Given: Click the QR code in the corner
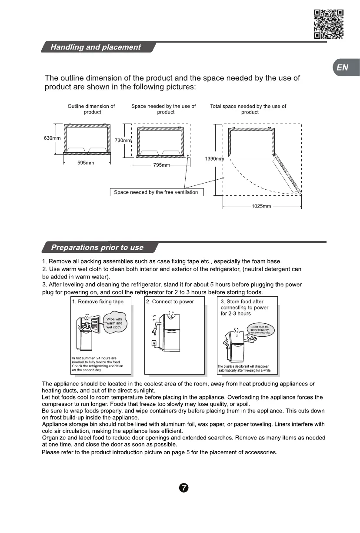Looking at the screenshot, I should click(x=329, y=24).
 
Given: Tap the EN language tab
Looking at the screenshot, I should click(x=343, y=67).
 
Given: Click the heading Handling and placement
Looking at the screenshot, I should click(x=96, y=47).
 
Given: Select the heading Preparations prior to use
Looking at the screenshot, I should click(x=97, y=248).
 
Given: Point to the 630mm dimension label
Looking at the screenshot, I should click(x=52, y=138).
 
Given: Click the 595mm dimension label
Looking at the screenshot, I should click(x=86, y=163).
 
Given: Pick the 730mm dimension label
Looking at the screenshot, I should click(x=123, y=141).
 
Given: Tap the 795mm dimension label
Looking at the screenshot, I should click(x=161, y=165).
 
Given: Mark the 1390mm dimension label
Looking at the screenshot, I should click(x=214, y=159).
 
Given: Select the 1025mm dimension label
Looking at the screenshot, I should click(x=261, y=206).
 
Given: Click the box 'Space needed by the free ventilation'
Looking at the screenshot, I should click(x=156, y=192).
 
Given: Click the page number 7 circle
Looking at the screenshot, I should click(x=183, y=488).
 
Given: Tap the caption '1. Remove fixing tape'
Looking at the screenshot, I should click(x=98, y=302).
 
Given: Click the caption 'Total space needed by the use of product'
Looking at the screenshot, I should click(x=248, y=109).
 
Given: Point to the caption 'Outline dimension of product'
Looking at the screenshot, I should click(x=91, y=109).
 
